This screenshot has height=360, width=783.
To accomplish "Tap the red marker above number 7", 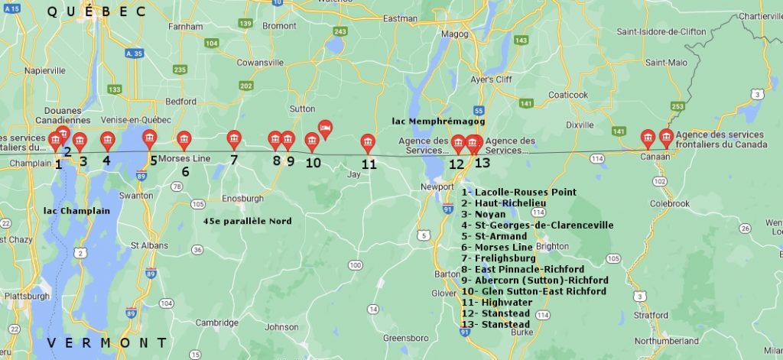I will [x=234, y=139].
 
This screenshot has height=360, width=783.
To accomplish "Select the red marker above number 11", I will [x=368, y=143].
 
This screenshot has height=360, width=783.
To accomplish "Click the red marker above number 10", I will [x=312, y=141].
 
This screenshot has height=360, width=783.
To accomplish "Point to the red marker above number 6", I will [x=184, y=139].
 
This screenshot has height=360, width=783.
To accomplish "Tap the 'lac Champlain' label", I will [x=77, y=210].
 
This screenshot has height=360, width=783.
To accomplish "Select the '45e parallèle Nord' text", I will [x=249, y=221].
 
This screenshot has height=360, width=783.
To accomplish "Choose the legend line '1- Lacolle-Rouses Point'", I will [x=519, y=192].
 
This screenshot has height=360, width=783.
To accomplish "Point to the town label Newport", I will [x=437, y=186].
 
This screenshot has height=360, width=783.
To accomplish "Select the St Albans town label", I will [x=145, y=245].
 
